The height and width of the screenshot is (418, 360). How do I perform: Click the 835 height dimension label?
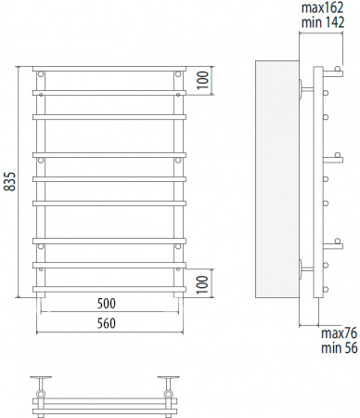coord(10,184)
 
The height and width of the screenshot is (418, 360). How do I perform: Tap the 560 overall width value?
coord(110,322)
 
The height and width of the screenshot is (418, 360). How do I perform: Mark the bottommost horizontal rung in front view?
coord(110,289)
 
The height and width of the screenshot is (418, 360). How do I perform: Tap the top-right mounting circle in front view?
coord(178,74)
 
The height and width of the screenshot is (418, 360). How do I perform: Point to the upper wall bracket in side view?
coord(304,90)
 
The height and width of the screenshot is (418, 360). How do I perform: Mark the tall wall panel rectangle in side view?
coord(276,183)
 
